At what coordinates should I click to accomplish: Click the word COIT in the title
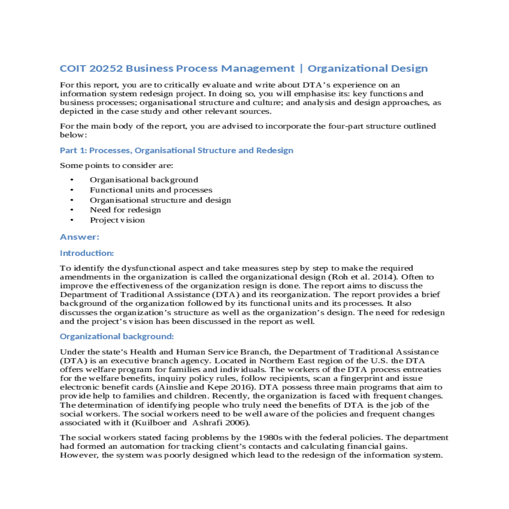point(73,69)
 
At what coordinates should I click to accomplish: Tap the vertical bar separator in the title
point(301,69)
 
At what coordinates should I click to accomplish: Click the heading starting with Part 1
point(176,151)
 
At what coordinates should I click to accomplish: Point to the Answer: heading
point(79,237)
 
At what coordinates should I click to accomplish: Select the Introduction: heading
point(87,253)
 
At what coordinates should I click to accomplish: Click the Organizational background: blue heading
point(117,336)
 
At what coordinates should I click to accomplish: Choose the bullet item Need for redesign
point(125,210)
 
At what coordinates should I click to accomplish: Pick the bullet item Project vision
point(117,220)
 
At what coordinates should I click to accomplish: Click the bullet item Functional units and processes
point(151,190)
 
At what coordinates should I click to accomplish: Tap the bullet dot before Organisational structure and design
point(72,200)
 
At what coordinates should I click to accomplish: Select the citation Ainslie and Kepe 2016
point(206,387)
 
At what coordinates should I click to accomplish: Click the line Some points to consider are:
point(117,165)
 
